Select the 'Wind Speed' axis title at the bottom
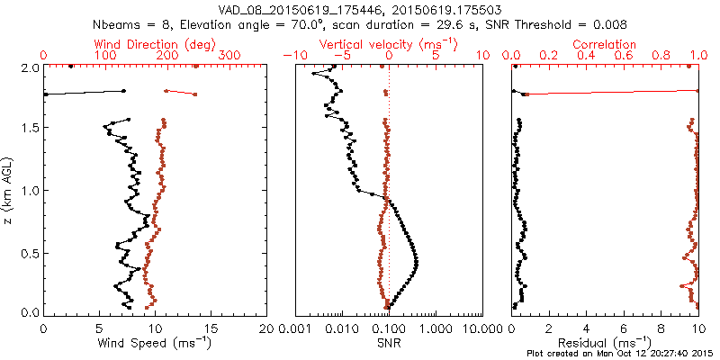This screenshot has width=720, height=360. point(156,343)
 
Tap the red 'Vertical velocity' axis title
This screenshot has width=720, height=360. point(387,44)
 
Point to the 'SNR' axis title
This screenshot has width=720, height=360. point(389,343)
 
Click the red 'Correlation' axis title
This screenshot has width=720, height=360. point(604,44)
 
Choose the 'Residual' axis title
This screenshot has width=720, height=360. point(604,343)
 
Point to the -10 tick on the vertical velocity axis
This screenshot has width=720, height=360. point(293,56)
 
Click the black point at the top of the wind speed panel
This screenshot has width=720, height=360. point(71,66)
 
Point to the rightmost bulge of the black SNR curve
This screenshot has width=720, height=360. point(418,262)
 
